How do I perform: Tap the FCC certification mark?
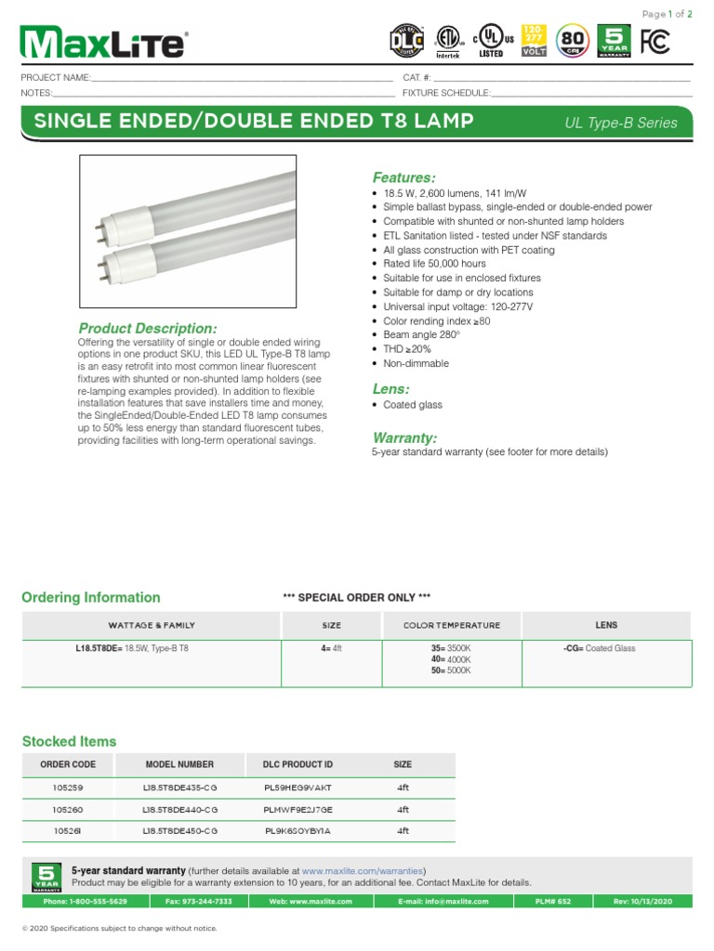(x=654, y=41)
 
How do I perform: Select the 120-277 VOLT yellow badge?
(x=536, y=41)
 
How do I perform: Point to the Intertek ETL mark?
(x=449, y=41)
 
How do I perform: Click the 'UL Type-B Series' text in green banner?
(x=621, y=124)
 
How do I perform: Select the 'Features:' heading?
(x=403, y=177)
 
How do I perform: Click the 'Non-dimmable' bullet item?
(x=416, y=363)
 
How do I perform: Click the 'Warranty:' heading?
(x=404, y=436)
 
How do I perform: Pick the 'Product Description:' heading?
(x=148, y=329)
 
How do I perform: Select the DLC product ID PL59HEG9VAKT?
(x=297, y=788)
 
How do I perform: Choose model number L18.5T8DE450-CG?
(x=180, y=831)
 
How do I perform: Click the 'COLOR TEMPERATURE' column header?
(x=452, y=626)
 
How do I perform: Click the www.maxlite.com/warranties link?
(x=363, y=870)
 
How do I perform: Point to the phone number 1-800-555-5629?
(x=86, y=902)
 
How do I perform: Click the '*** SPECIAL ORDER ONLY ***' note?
(x=356, y=597)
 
